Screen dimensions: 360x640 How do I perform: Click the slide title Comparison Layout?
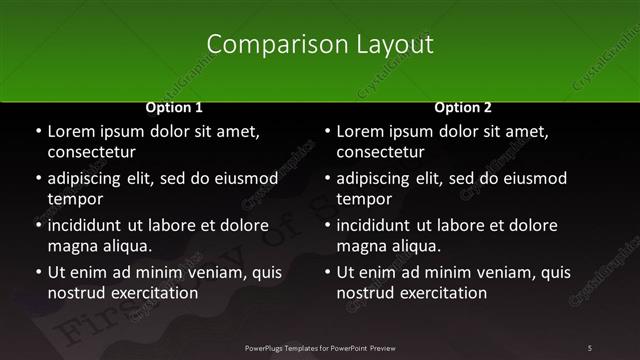pos(320,45)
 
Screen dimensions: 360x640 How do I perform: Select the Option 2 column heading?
pos(463,107)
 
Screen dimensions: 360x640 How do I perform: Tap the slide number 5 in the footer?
pos(590,347)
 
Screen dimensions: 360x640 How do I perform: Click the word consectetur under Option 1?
pos(91,152)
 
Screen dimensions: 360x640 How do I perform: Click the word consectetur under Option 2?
pos(380,152)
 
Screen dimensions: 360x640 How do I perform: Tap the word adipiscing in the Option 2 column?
pos(379,178)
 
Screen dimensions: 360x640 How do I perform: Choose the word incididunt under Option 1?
pos(89,225)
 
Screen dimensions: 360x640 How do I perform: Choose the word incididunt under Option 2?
pos(378,225)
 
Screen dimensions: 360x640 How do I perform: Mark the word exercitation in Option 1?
pos(152,293)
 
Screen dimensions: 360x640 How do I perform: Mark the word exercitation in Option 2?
pos(441,293)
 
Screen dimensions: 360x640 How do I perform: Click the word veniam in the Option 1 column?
pos(216,271)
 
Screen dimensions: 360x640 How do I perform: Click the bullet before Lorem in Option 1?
pos(37,132)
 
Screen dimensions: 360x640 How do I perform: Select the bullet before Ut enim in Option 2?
pos(326,272)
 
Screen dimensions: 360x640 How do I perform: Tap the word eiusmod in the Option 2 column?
pos(531,178)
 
